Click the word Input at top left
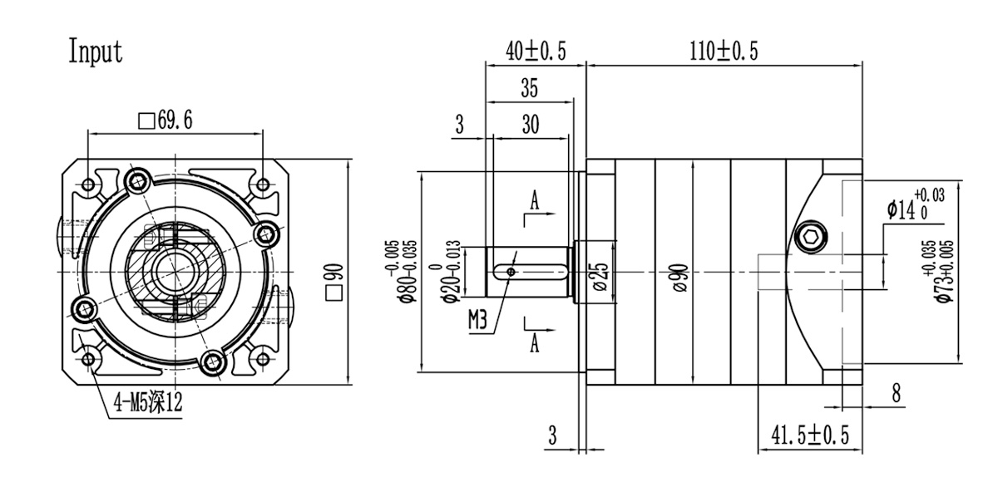click(x=95, y=52)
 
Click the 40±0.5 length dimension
click(x=536, y=52)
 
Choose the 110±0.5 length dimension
click(x=724, y=52)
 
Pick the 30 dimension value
click(x=530, y=125)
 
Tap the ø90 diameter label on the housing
click(x=679, y=274)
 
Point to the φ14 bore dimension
click(x=915, y=204)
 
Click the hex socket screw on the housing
click(x=812, y=238)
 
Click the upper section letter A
click(x=534, y=200)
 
